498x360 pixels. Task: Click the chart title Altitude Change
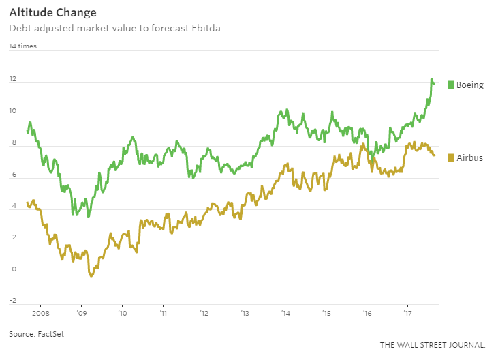52,13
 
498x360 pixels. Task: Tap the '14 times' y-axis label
23,46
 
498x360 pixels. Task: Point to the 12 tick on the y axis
13,80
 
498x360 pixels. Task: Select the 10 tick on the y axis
13,112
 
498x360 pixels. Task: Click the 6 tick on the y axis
12,176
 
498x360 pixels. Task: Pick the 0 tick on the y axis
12,271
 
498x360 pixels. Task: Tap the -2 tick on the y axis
12,301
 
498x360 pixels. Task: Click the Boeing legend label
469,85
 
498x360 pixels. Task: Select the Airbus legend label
469,157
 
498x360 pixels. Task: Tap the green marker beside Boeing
450,85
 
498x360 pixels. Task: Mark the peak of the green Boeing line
431,79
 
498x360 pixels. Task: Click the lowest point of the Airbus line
91,276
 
